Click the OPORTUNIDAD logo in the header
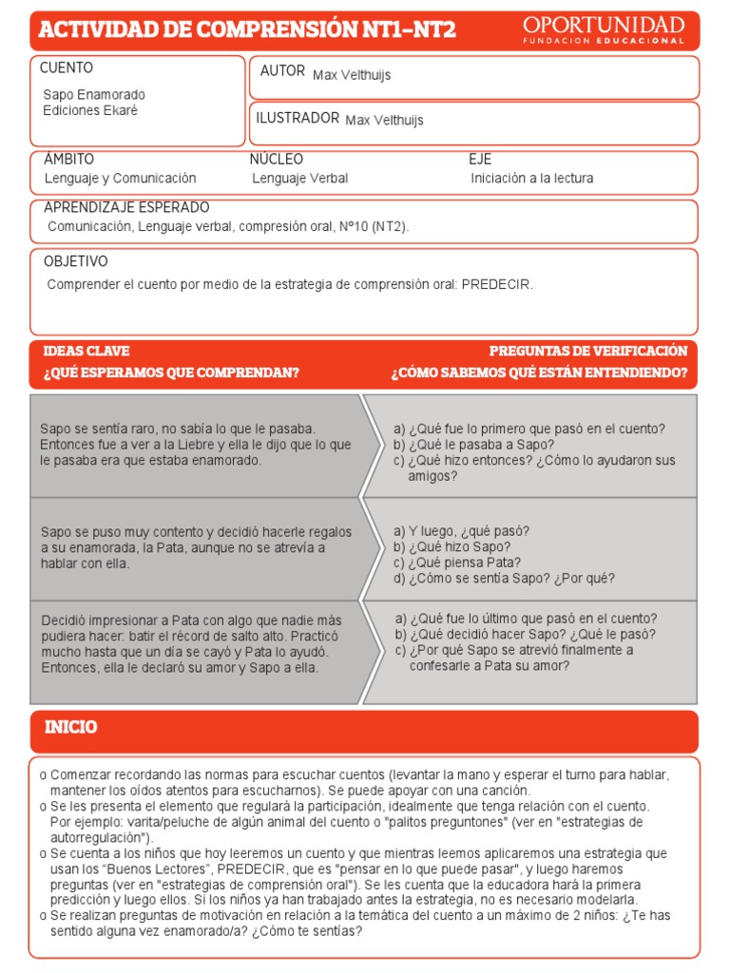point(604,29)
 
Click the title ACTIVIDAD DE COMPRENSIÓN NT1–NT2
point(247,30)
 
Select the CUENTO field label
point(67,68)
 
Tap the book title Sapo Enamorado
point(94,95)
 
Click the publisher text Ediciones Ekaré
point(90,110)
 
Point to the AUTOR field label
point(282,71)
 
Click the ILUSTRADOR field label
point(298,118)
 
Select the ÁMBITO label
point(69,160)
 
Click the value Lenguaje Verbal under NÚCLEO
point(300,179)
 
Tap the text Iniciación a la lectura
point(531,179)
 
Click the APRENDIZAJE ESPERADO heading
point(126,208)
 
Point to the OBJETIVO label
point(76,261)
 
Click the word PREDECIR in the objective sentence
point(497,285)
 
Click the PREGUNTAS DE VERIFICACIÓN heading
point(587,352)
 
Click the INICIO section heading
point(71,728)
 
